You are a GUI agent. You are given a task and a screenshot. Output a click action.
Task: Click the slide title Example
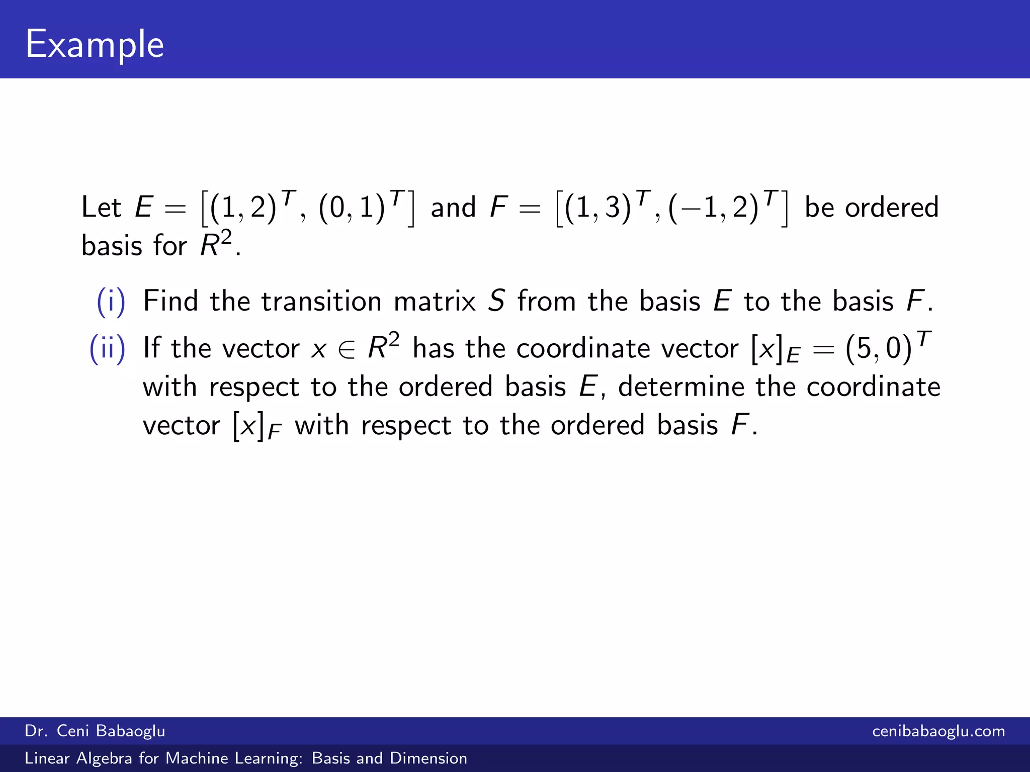pos(95,44)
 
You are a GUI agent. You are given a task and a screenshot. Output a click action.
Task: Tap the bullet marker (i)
pos(111,302)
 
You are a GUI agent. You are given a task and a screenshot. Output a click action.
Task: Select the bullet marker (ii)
pos(107,348)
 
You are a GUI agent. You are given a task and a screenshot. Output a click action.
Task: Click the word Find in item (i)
pos(170,301)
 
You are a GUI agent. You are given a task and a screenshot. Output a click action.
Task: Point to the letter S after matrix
pos(496,301)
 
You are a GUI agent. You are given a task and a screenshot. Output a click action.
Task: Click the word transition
pos(321,301)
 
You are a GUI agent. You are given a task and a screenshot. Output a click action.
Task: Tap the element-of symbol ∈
pos(347,349)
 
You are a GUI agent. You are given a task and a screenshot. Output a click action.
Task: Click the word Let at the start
pos(101,207)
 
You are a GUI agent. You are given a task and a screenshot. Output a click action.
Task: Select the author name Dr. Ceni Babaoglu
pos(95,731)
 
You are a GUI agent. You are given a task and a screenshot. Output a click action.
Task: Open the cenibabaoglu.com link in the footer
pos(938,731)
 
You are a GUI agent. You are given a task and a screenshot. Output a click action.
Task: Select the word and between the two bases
pos(453,207)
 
